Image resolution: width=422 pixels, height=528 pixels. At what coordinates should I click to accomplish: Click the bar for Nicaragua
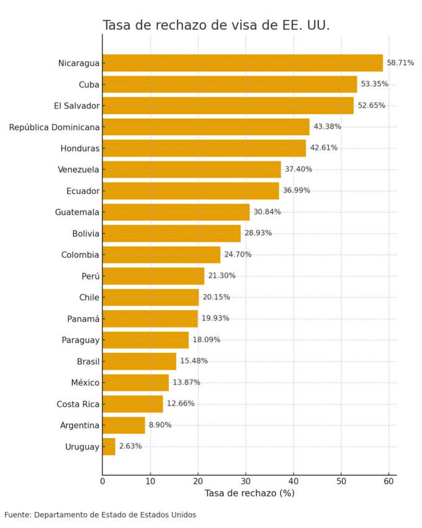pos(242,63)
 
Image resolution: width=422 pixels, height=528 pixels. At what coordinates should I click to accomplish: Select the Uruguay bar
pos(109,447)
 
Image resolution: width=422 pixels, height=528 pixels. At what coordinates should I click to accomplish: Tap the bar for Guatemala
pos(176,212)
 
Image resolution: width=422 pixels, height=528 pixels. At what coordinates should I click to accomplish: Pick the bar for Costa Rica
pos(132,404)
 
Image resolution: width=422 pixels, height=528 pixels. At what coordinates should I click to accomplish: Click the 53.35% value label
pos(374,84)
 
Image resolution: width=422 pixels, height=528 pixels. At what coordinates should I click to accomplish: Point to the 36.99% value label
pos(296,191)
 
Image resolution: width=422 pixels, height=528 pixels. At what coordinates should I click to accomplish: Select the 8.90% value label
pos(159,425)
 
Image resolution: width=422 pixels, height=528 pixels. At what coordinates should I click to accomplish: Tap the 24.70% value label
pos(237,255)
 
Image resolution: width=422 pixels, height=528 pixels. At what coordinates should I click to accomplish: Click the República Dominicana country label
pos(54,127)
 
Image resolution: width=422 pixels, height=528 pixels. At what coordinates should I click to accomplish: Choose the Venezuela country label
pos(78,170)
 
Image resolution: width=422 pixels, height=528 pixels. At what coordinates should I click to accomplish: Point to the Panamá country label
pos(83,319)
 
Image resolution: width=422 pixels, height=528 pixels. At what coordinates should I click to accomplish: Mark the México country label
pos(84,383)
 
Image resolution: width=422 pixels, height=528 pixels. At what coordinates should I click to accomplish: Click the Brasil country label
pos(88,362)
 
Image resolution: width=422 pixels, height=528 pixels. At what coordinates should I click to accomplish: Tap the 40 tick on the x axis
pos(294,480)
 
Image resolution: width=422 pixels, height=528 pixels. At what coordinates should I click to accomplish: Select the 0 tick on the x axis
pos(102,480)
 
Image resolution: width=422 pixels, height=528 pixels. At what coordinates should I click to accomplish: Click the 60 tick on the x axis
pos(389,480)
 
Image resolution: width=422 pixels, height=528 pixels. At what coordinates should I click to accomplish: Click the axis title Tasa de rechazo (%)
pos(249,493)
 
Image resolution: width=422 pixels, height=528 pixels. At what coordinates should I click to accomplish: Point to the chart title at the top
pos(216,25)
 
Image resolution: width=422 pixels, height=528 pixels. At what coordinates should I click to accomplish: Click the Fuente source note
pos(100,515)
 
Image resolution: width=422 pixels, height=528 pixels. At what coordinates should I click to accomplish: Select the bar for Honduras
pos(204,148)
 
